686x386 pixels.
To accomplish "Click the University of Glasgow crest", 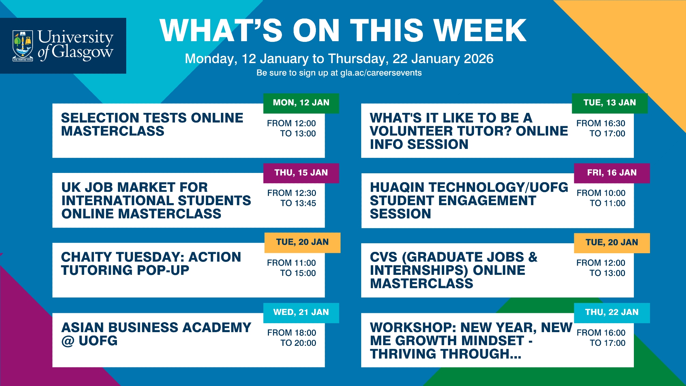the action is pyautogui.click(x=23, y=46).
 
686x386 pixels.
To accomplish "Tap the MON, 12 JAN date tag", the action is pyautogui.click(x=301, y=103).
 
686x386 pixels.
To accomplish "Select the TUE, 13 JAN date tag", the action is pyautogui.click(x=610, y=103).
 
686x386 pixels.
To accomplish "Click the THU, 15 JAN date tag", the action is pyautogui.click(x=301, y=173).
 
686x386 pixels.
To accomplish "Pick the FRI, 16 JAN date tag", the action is pyautogui.click(x=612, y=173).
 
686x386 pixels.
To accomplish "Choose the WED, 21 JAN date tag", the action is pyautogui.click(x=301, y=313).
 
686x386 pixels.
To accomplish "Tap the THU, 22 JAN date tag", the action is pyautogui.click(x=612, y=313).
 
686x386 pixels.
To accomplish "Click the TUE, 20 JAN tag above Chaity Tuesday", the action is pyautogui.click(x=303, y=243).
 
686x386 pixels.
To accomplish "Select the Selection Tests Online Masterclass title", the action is pyautogui.click(x=152, y=124).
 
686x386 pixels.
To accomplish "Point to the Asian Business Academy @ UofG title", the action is pyautogui.click(x=156, y=334).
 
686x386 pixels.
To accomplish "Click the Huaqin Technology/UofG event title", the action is pyautogui.click(x=469, y=200).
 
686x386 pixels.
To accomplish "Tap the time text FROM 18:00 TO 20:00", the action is pyautogui.click(x=292, y=338).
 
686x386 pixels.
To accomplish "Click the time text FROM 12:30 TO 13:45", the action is pyautogui.click(x=292, y=198).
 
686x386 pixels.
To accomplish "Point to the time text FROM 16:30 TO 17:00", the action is pyautogui.click(x=601, y=128).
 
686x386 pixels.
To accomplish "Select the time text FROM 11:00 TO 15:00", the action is pyautogui.click(x=292, y=268).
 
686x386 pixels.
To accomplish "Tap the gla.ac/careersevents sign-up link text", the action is pyautogui.click(x=381, y=73).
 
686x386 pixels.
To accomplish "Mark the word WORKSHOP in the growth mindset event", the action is pyautogui.click(x=413, y=328).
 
